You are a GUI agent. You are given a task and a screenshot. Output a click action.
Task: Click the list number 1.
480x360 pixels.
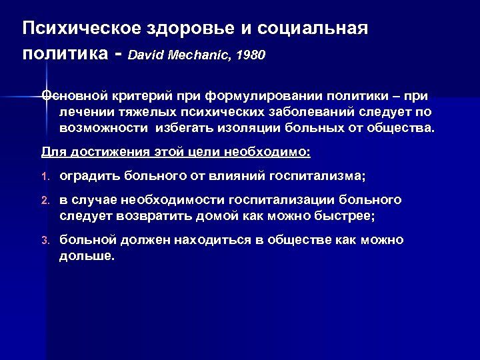tap(45, 177)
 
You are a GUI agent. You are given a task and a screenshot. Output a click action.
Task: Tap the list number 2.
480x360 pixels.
tap(45, 201)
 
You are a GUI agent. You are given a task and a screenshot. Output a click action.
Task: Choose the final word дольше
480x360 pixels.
tap(87, 256)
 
